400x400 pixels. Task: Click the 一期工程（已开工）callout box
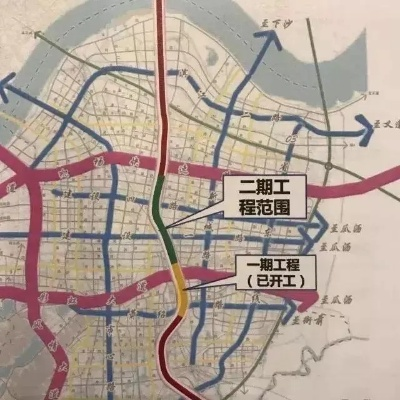click(x=273, y=271)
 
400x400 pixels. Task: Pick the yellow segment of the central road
click(x=177, y=285)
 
